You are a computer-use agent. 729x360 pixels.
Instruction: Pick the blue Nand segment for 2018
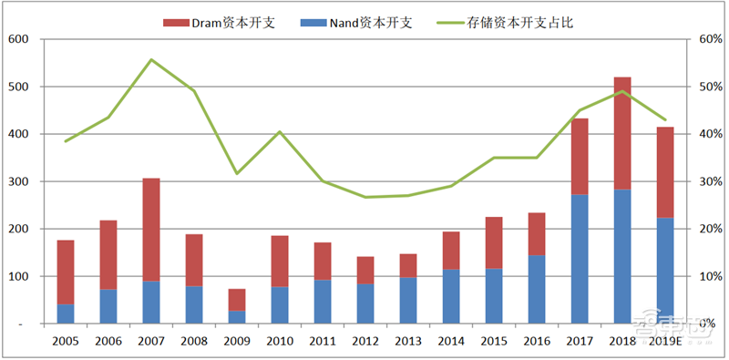point(621,256)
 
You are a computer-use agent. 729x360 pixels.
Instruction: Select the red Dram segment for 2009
point(237,300)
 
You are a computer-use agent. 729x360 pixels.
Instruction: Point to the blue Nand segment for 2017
point(579,259)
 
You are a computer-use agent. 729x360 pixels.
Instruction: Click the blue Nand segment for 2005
point(66,314)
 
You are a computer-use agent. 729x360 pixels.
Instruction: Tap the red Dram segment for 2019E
point(664,172)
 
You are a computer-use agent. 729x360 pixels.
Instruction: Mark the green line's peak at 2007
point(151,60)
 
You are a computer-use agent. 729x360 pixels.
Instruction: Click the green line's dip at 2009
point(237,173)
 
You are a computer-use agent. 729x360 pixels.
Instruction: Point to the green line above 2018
point(621,91)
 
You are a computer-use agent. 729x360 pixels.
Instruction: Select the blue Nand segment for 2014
point(450,296)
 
